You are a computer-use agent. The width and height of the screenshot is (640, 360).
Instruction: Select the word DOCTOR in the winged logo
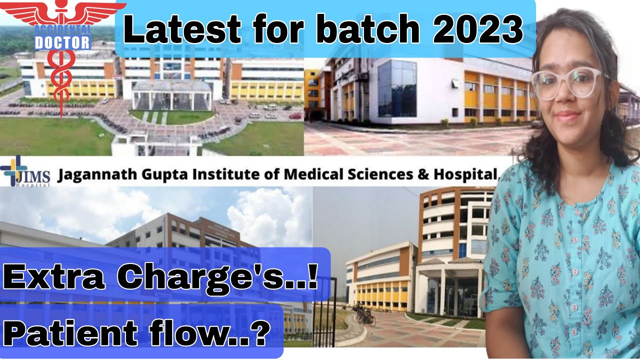click(63, 43)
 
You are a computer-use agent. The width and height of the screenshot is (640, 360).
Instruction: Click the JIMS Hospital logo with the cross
click(25, 172)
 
